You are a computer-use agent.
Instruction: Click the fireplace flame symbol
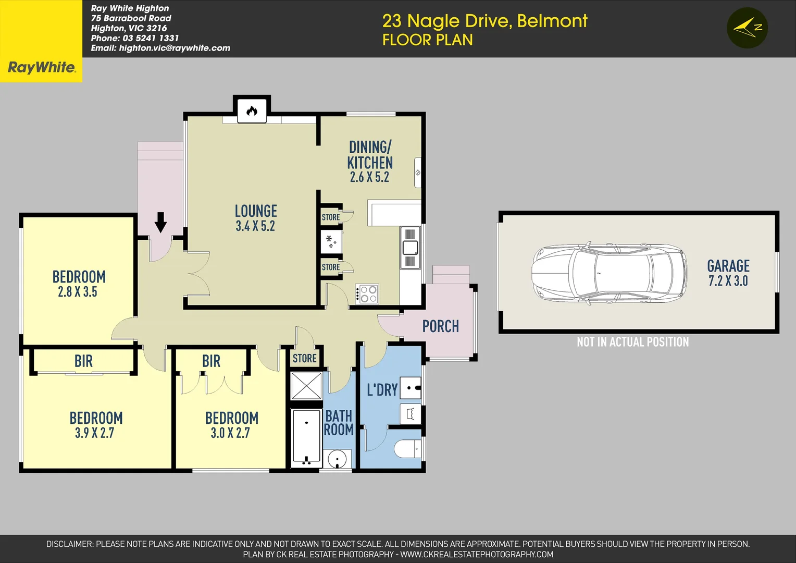click(x=252, y=111)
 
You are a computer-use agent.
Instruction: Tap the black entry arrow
click(x=160, y=222)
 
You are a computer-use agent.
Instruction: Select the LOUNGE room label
click(x=256, y=211)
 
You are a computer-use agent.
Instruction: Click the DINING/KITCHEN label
click(x=370, y=155)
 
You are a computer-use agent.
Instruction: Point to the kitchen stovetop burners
click(x=368, y=294)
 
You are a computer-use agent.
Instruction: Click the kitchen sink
click(x=410, y=248)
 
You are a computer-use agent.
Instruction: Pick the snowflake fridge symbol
click(x=331, y=241)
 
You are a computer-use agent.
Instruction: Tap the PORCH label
click(x=441, y=326)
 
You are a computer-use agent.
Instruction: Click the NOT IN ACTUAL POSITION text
click(x=632, y=342)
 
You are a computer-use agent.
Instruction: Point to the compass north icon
click(x=747, y=28)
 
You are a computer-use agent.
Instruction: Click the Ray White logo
click(x=41, y=67)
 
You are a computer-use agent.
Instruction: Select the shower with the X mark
click(x=306, y=386)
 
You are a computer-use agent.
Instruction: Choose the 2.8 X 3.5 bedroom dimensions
click(x=78, y=292)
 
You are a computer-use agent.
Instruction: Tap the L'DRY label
click(x=382, y=390)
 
